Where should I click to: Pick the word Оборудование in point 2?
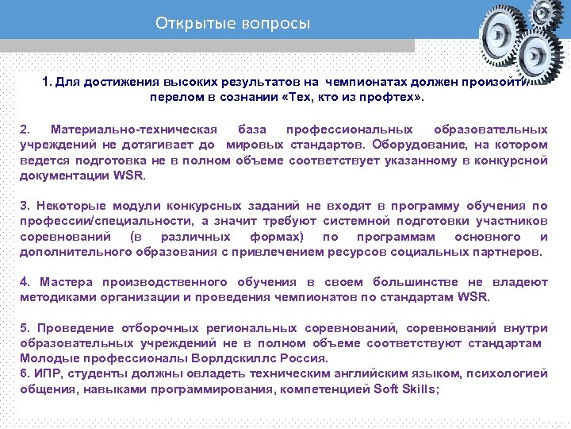tap(416, 145)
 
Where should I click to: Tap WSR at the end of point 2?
tap(130, 176)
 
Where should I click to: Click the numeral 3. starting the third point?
tap(25, 206)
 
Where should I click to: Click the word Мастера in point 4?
tap(67, 282)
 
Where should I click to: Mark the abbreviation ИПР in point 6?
tap(44, 374)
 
